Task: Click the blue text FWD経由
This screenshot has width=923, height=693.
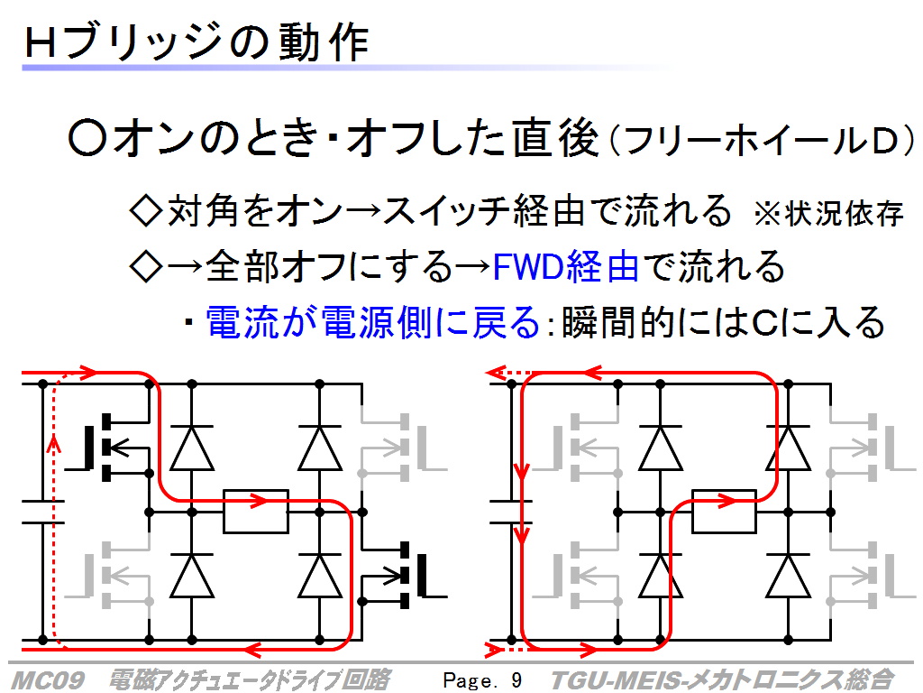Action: coord(565,266)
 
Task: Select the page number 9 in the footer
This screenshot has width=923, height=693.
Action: coord(516,680)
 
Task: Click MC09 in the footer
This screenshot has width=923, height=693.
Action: coord(47,680)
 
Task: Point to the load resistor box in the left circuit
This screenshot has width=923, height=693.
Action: coord(255,512)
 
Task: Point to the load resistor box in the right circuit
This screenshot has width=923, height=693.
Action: coord(724,512)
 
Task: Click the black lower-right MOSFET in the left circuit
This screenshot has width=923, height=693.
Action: coord(403,575)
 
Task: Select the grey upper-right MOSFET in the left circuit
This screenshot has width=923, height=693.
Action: coord(403,448)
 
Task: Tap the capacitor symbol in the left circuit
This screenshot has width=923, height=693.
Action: coord(42,512)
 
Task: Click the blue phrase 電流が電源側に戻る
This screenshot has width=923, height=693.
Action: coord(372,322)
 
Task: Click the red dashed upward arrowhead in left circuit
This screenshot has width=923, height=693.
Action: coord(54,443)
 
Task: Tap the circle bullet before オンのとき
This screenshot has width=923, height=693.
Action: coord(87,138)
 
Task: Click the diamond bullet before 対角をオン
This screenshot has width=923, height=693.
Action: coord(145,211)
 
